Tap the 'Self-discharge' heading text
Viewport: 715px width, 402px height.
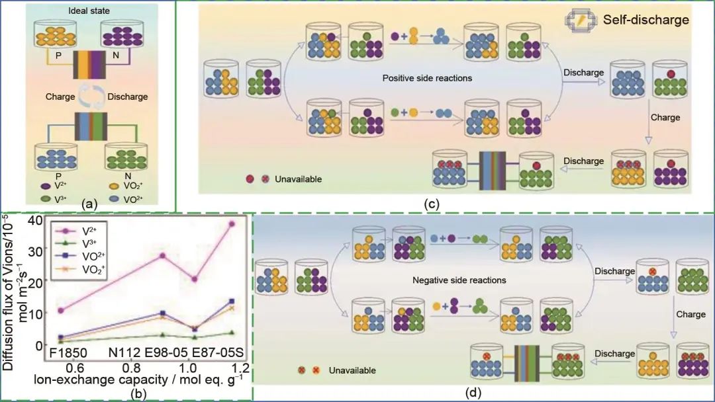click(646, 20)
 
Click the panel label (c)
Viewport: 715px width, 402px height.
click(431, 203)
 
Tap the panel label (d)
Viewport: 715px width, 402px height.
click(473, 393)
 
